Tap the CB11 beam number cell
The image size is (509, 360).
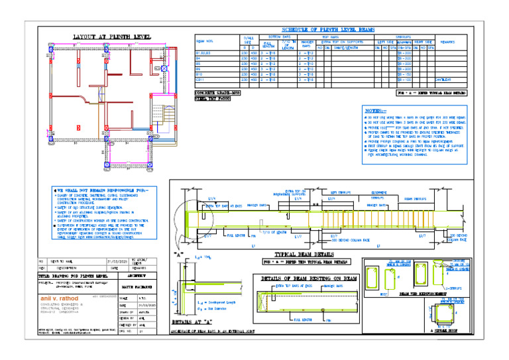(x=200, y=80)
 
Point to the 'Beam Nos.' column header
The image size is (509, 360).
(x=205, y=42)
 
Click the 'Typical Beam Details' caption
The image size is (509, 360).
(x=303, y=254)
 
